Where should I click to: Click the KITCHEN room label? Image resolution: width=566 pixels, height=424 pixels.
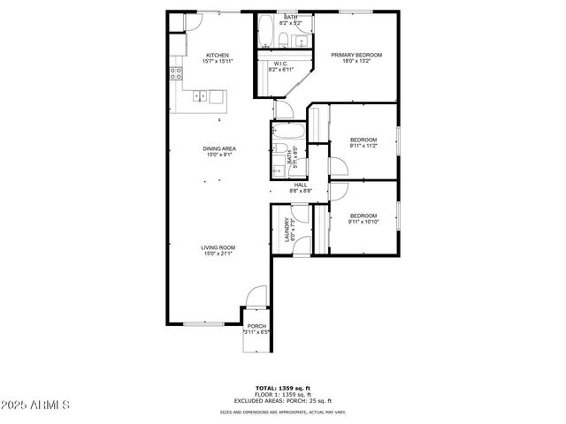coord(218,55)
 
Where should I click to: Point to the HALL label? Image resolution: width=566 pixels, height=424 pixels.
coord(300,185)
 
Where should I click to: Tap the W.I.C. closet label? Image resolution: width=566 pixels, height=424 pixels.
coord(279,64)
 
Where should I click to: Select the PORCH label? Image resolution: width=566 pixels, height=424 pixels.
coord(256,326)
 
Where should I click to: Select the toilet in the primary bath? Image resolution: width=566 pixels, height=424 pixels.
coord(280,39)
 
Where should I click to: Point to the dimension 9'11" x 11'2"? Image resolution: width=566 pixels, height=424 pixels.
coord(363,146)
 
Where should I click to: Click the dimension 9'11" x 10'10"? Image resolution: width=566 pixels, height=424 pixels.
coord(363,222)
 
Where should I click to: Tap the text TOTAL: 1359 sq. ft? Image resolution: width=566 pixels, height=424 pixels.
coord(283,388)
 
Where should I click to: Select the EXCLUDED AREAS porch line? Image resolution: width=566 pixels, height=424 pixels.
coord(283,400)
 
